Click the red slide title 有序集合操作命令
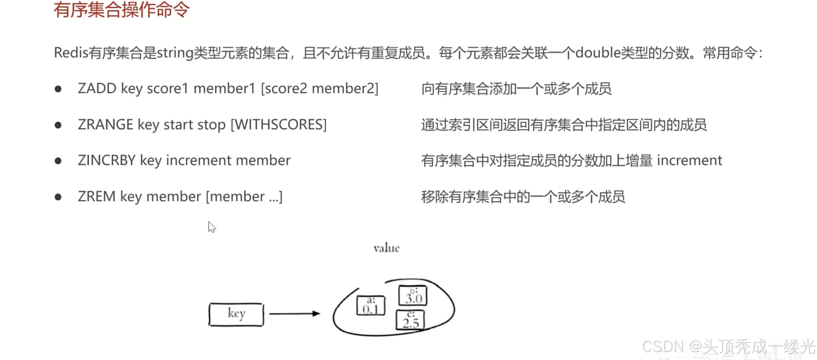click(122, 10)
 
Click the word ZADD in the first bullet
click(97, 88)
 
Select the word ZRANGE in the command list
click(105, 124)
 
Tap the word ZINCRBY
click(107, 160)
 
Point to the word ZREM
click(96, 196)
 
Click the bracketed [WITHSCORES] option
click(279, 124)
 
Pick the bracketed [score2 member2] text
click(319, 88)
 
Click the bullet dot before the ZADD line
click(58, 89)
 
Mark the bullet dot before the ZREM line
click(58, 197)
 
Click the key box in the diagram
click(236, 314)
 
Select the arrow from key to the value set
click(294, 314)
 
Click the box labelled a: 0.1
click(371, 305)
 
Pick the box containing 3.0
click(413, 295)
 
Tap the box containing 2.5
click(410, 320)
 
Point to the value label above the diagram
click(386, 248)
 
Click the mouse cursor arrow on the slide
click(212, 227)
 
